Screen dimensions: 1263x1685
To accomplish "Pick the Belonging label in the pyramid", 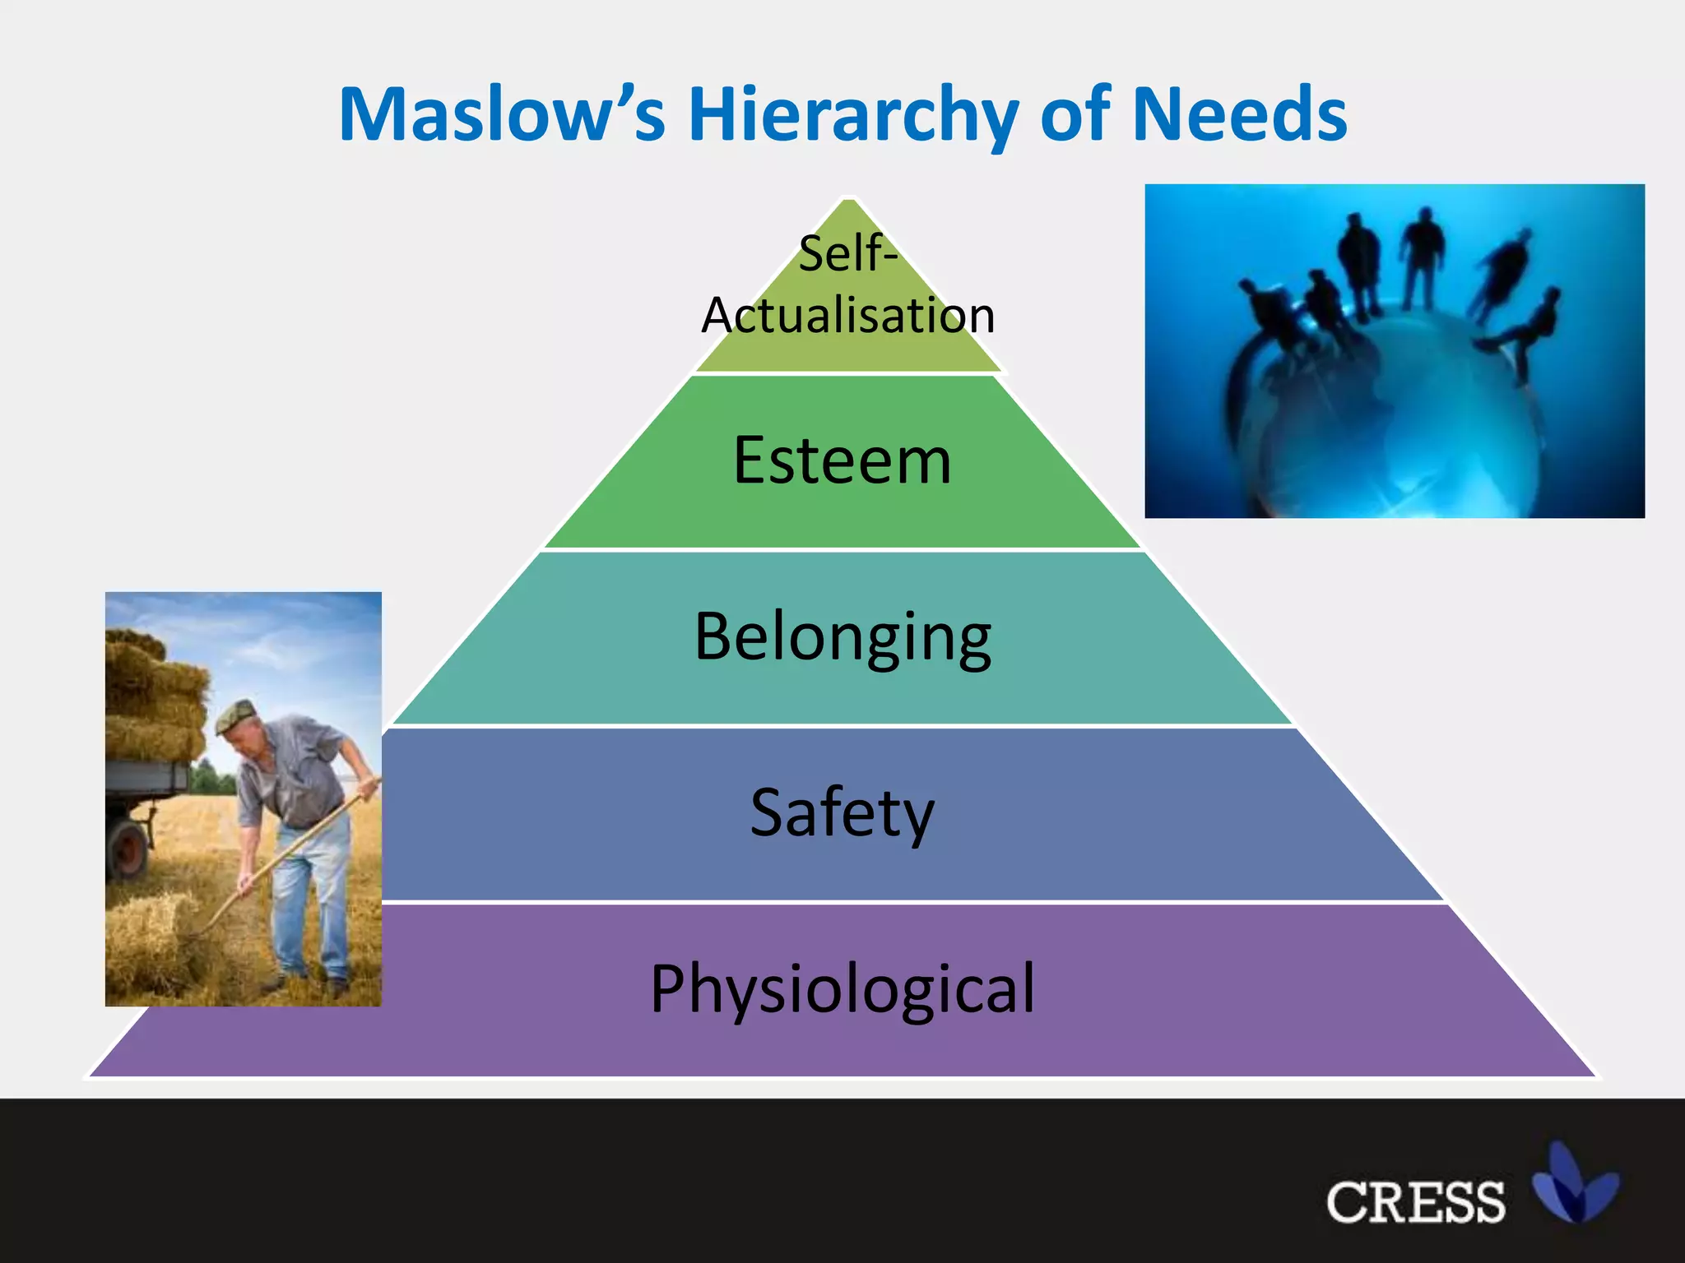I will coord(842,637).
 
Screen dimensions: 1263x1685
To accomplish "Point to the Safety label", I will coord(842,812).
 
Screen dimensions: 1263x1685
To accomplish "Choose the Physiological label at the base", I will coord(842,988).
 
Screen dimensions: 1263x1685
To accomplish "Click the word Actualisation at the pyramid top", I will coord(847,316).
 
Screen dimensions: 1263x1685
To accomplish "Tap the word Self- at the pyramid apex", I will coord(847,253).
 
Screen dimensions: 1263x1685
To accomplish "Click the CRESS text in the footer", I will coord(1415,1203).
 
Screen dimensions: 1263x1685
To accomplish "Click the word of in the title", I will coord(1076,114).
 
